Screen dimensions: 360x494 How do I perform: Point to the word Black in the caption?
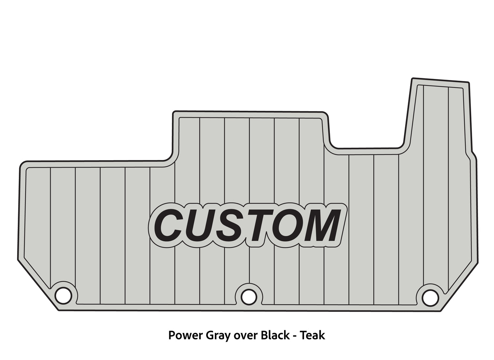[275, 335]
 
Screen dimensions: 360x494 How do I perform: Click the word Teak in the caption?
[313, 335]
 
